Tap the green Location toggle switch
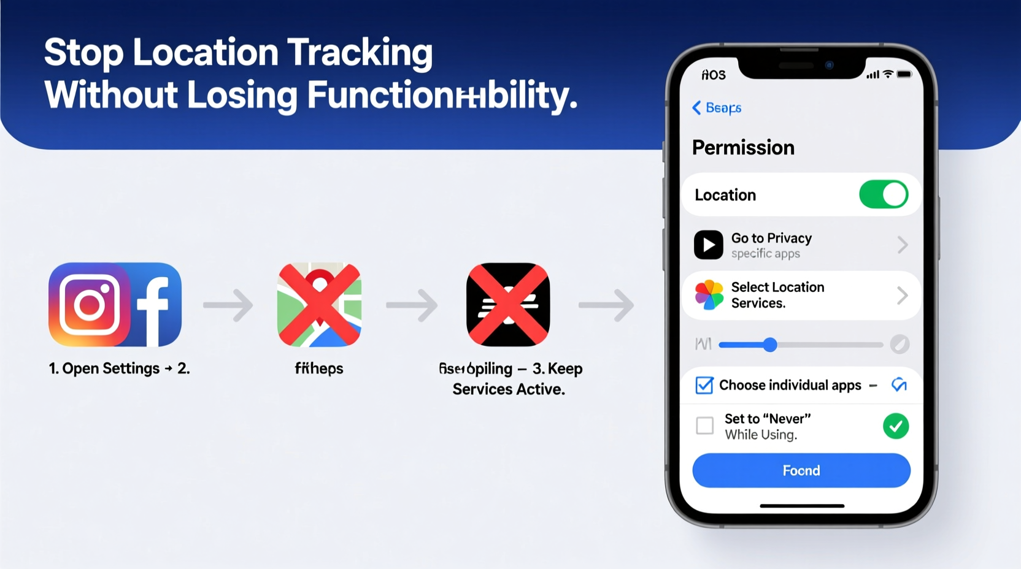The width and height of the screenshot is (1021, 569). pyautogui.click(x=884, y=195)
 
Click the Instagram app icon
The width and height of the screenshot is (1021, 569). pyautogui.click(x=90, y=305)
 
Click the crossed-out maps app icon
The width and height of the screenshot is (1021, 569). pyautogui.click(x=319, y=305)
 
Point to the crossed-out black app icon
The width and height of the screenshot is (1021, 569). pyautogui.click(x=508, y=305)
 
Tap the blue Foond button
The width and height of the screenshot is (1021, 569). pyautogui.click(x=801, y=470)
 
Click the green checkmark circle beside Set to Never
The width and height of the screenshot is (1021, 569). pyautogui.click(x=896, y=426)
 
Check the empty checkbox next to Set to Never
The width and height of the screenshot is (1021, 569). pyautogui.click(x=705, y=426)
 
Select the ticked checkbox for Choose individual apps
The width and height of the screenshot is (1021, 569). pyautogui.click(x=704, y=385)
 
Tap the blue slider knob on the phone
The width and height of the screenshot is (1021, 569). pyautogui.click(x=770, y=345)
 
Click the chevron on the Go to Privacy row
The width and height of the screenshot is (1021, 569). pyautogui.click(x=902, y=245)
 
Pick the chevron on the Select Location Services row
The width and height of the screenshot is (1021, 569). pyautogui.click(x=902, y=296)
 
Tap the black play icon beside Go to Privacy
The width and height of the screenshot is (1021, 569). pyautogui.click(x=708, y=245)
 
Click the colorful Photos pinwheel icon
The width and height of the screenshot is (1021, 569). pyautogui.click(x=709, y=295)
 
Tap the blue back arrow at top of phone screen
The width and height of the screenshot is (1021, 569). pyautogui.click(x=696, y=108)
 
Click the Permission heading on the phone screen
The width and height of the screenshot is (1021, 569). pyautogui.click(x=743, y=148)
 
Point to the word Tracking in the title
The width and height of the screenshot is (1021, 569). pyautogui.click(x=360, y=53)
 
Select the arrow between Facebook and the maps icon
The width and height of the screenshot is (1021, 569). pyautogui.click(x=228, y=305)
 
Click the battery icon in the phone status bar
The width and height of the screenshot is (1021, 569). pyautogui.click(x=904, y=74)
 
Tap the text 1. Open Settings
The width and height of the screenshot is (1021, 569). pyautogui.click(x=104, y=369)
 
